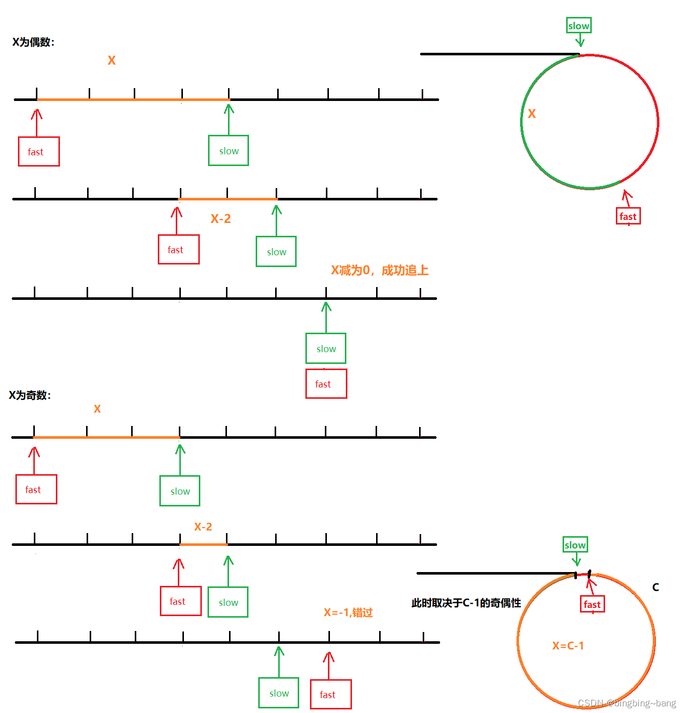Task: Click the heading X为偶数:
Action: coord(33,42)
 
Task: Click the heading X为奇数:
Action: coord(30,395)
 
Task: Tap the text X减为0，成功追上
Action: coord(380,270)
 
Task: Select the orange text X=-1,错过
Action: coord(348,613)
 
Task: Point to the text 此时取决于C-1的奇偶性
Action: coord(466,603)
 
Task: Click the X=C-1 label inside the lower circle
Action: coord(568,646)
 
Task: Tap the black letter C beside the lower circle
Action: coord(655,587)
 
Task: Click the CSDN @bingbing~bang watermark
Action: coord(627,703)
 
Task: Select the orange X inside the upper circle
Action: coord(532,114)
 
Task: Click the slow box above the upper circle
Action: coord(579,26)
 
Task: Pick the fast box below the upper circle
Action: coord(628,216)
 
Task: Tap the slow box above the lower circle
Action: coord(575,545)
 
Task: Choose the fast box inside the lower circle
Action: coord(592,604)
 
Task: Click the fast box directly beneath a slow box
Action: coord(326,384)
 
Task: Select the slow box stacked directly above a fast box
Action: coord(326,349)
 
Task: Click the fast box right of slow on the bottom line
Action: coord(330,695)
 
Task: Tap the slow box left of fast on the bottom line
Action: coord(279,693)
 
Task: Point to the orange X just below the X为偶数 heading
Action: coord(112,60)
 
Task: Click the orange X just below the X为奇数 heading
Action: coord(97,409)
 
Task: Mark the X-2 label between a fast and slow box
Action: coord(221,219)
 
